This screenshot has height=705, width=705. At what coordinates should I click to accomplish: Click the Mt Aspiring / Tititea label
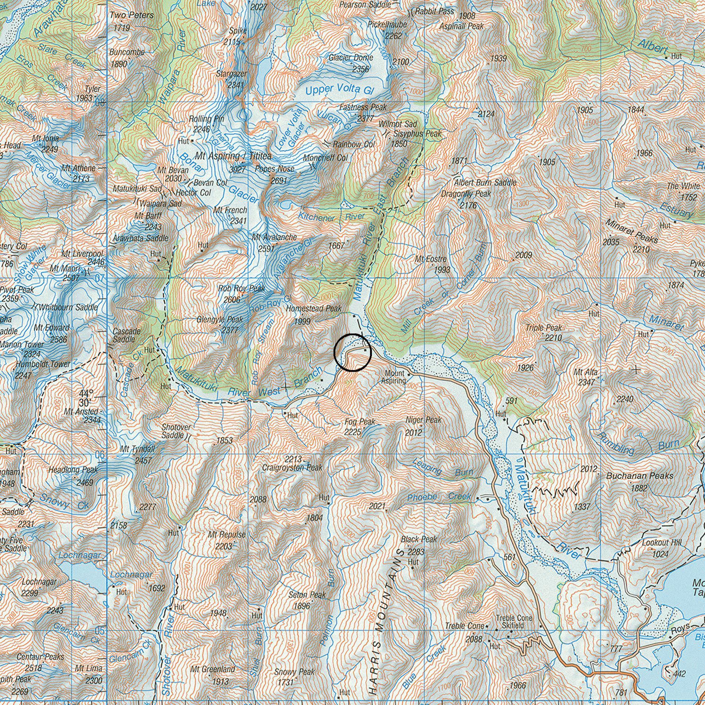click(x=233, y=156)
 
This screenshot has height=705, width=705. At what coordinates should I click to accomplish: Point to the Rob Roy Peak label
click(x=242, y=288)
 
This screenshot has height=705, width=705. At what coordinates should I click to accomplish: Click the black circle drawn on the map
click(x=352, y=352)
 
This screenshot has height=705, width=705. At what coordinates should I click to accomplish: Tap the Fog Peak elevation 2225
click(x=352, y=432)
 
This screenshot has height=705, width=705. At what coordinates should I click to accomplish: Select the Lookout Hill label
click(x=662, y=543)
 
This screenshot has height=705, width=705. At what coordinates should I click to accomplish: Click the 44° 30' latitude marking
click(x=85, y=398)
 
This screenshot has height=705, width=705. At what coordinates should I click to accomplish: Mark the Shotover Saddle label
click(x=176, y=431)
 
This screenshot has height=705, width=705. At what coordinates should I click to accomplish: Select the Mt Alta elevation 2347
click(x=586, y=382)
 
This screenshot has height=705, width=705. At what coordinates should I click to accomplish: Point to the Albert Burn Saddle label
click(x=485, y=182)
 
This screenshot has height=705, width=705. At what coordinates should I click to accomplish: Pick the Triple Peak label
click(x=543, y=328)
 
